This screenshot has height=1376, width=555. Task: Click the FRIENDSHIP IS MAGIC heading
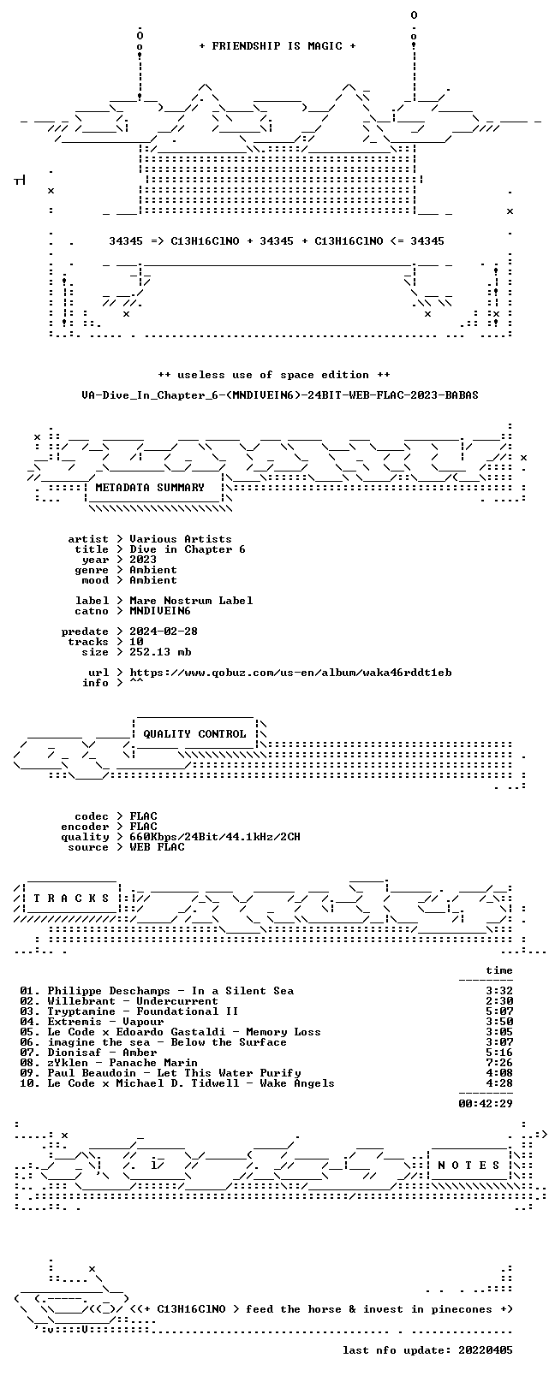coord(277,46)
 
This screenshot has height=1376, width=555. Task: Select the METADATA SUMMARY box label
coord(149,487)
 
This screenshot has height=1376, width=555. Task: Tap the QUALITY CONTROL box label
coord(194,734)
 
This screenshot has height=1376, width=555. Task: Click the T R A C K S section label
coord(71,899)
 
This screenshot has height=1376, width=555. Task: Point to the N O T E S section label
coord(469,1165)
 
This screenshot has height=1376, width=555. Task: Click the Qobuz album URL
coord(290,673)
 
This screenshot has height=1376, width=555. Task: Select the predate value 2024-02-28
coord(164,632)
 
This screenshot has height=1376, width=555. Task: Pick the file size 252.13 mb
coord(160,652)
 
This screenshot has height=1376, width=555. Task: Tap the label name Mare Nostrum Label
coord(191,601)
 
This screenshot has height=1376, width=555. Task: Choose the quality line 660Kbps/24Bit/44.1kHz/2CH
coord(215,837)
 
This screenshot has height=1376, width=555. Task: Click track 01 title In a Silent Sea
coord(242,991)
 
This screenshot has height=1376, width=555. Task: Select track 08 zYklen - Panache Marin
coord(122,1063)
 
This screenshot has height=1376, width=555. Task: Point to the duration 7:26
coord(499,1063)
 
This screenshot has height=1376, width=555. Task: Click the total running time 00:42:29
coord(486,1103)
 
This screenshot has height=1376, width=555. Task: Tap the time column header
coord(499,970)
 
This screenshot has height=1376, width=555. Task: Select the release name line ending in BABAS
coord(280,395)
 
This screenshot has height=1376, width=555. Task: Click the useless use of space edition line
coord(273,375)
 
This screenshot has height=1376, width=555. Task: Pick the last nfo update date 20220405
coord(486,1350)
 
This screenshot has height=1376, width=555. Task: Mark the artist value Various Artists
coord(181,539)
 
